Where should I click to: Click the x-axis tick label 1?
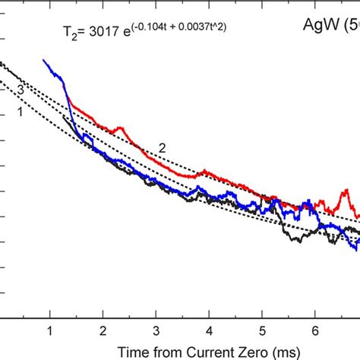[50, 310]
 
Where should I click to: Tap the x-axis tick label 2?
[103, 310]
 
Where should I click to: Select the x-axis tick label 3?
[156, 310]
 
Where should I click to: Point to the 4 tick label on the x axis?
[209, 310]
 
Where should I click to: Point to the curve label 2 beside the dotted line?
[162, 147]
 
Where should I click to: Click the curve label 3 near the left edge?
[21, 90]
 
